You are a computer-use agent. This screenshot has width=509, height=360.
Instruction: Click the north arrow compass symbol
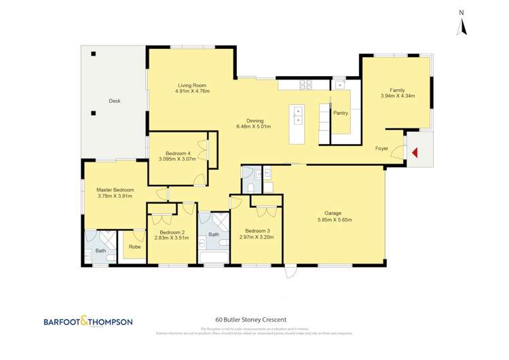[461, 24]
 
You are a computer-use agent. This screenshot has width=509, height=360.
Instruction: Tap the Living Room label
[192, 85]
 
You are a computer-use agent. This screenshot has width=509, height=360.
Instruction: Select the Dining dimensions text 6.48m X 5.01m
[253, 126]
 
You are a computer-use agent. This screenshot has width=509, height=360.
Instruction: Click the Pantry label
[340, 113]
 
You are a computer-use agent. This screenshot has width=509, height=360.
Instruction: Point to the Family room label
[397, 90]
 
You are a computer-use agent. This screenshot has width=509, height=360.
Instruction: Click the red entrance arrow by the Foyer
[415, 154]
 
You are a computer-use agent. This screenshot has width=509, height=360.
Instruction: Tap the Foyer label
[381, 148]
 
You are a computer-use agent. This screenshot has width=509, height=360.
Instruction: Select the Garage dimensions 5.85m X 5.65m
[334, 219]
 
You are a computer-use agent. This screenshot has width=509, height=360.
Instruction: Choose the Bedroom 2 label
[171, 232]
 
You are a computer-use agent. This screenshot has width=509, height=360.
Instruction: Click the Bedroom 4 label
[178, 154]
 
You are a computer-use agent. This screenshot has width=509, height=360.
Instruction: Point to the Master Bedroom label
[115, 190]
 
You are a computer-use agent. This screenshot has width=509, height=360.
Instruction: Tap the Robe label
[134, 247]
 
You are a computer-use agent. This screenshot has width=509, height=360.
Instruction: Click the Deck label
[114, 101]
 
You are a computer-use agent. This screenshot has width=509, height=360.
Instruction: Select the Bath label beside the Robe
[100, 251]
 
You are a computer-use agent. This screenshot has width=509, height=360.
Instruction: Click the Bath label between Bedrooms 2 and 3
[214, 234]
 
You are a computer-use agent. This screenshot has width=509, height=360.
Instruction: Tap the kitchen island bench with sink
[297, 124]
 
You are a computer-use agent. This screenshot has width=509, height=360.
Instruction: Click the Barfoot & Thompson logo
[88, 321]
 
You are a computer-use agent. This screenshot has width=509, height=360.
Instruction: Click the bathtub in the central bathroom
[213, 256]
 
